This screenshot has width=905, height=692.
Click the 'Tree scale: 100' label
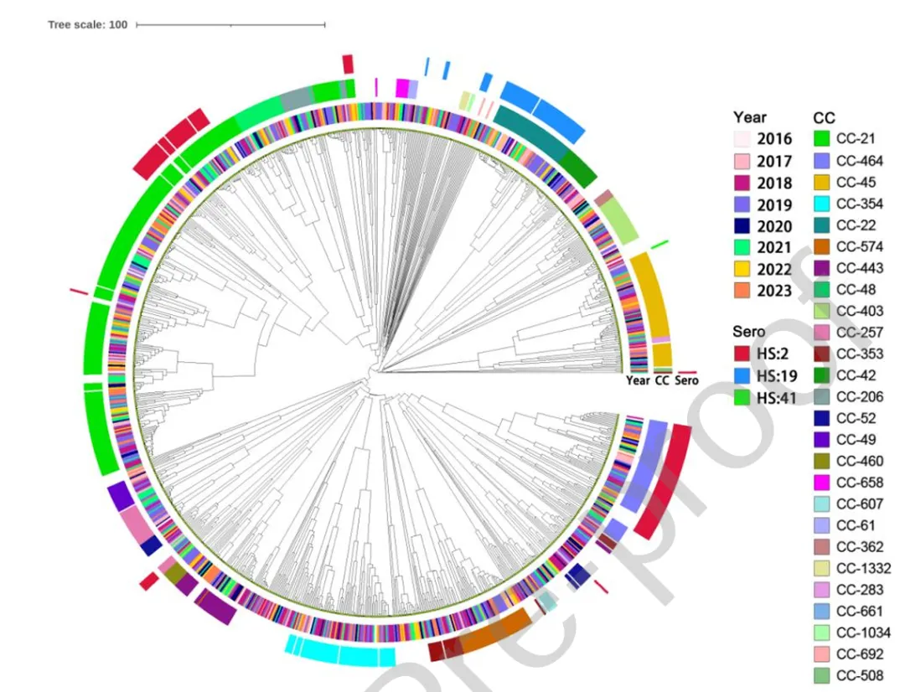pos(88,25)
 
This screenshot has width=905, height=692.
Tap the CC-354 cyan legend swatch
pos(825,204)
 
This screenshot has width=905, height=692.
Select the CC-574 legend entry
pos(859,247)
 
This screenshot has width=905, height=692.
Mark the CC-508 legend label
pos(859,676)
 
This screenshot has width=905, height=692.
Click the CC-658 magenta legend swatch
pos(825,483)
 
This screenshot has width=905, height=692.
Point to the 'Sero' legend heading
pos(748,333)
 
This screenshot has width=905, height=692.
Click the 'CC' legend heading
pos(824,118)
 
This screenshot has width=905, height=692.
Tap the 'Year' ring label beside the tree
pos(638,381)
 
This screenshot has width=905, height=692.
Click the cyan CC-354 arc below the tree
pos(340,651)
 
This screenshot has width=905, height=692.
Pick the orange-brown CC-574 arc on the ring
pos(494,633)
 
